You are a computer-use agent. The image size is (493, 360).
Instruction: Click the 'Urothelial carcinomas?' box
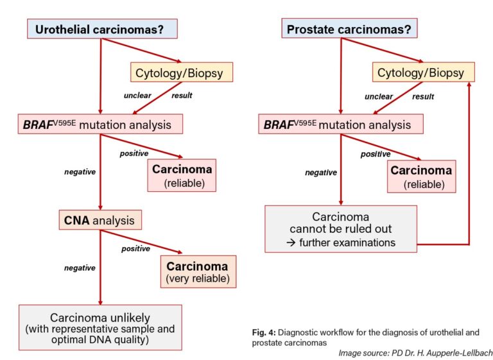(101, 30)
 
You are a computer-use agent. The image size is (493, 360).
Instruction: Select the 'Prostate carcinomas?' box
(350, 30)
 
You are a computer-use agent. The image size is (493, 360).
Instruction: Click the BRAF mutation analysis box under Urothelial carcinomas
(100, 124)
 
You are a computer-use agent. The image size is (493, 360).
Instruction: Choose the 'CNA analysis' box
(100, 221)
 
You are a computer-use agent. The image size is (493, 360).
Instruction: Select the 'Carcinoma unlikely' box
(100, 328)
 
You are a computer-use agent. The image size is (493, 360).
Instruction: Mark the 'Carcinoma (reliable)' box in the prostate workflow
(420, 176)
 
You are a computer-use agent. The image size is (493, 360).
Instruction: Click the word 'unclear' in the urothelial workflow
(137, 96)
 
